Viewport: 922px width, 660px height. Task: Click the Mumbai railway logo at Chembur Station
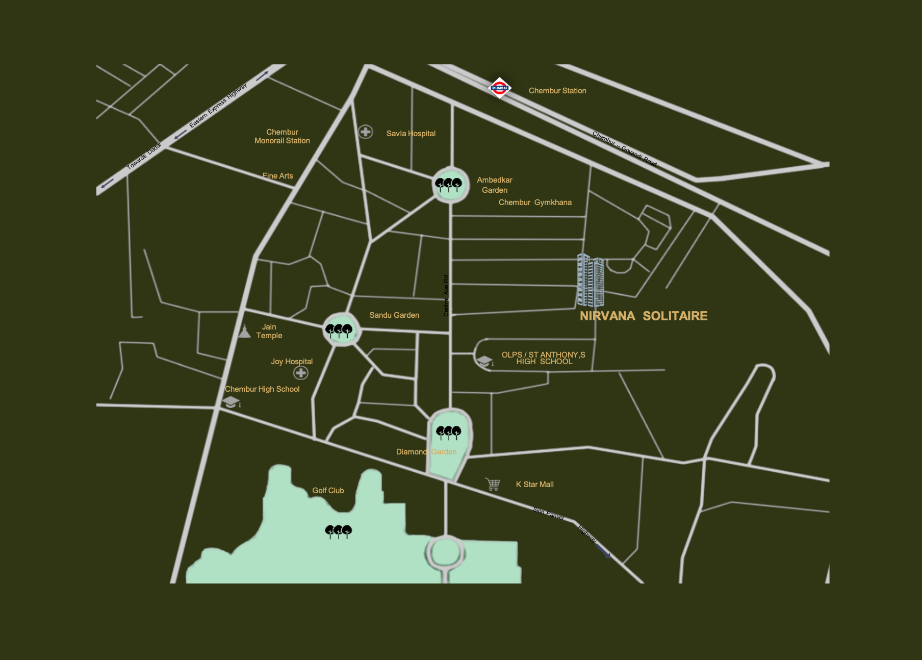pos(499,88)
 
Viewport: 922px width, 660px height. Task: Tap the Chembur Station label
pos(557,91)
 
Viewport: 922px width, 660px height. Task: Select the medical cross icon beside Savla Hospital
pos(365,132)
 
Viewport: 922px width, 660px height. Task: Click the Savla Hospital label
pos(411,134)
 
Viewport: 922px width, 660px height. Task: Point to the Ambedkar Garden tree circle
pos(450,185)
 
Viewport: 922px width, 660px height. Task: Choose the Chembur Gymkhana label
pos(534,202)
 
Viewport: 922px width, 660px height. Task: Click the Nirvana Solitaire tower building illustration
pos(591,281)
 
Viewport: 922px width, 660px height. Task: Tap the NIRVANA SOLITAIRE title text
pos(643,316)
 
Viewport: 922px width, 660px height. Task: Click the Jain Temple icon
pos(245,332)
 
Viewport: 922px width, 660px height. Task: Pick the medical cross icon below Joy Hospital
pos(300,373)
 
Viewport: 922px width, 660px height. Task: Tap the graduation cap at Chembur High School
pos(231,402)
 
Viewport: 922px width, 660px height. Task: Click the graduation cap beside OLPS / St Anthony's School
pos(484,361)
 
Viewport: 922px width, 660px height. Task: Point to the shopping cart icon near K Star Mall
pos(493,484)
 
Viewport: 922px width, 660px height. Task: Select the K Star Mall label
pos(534,485)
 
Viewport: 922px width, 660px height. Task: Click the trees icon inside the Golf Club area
pos(338,531)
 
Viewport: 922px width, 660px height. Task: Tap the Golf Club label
pos(328,491)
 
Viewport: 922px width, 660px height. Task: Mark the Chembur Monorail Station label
pos(282,136)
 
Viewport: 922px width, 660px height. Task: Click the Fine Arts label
pos(277,176)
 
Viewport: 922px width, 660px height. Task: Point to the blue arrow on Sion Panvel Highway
pos(603,551)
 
